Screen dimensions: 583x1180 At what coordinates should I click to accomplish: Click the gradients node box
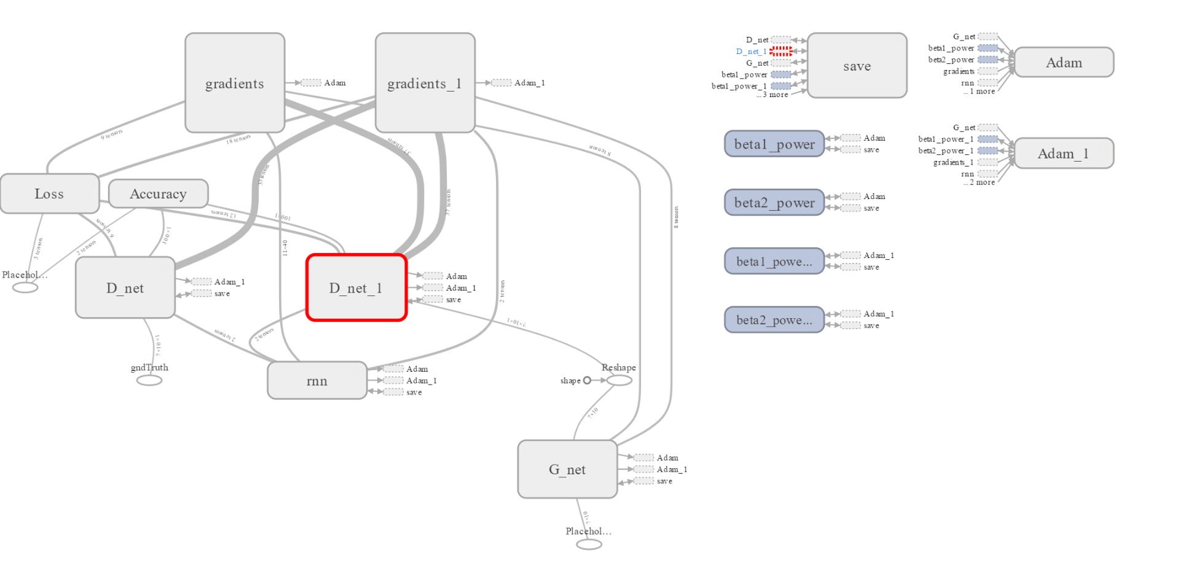[x=235, y=83]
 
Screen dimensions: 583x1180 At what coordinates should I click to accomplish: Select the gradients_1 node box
[x=425, y=83]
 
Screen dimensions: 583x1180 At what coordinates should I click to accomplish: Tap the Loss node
[x=49, y=194]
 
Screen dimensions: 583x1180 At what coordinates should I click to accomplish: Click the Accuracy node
[x=158, y=194]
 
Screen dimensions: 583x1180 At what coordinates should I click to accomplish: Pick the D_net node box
[x=125, y=288]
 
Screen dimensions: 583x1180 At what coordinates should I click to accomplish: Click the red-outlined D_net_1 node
[x=356, y=288]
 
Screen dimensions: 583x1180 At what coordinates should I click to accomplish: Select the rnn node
[x=317, y=381]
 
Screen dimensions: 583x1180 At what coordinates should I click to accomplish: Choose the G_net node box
[x=567, y=469]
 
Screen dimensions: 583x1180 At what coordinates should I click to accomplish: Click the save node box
[x=857, y=66]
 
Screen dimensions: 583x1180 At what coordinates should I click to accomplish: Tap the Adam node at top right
[x=1064, y=63]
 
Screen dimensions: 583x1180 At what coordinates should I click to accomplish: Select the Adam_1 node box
[x=1064, y=154]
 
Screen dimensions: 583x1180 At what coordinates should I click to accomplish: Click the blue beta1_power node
[x=774, y=144]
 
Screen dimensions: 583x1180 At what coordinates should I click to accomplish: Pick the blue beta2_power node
[x=774, y=203]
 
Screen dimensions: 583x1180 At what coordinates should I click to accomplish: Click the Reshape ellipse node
[x=619, y=380]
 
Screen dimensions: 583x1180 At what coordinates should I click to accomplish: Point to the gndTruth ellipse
[x=149, y=380]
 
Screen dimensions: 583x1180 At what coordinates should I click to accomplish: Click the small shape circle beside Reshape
[x=587, y=380]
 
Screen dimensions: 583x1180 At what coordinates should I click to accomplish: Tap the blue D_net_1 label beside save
[x=751, y=52]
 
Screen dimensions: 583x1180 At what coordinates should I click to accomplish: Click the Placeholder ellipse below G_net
[x=589, y=544]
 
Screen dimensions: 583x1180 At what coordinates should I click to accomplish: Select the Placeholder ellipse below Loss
[x=25, y=288]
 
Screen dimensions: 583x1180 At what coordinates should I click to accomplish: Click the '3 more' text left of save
[x=775, y=95]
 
